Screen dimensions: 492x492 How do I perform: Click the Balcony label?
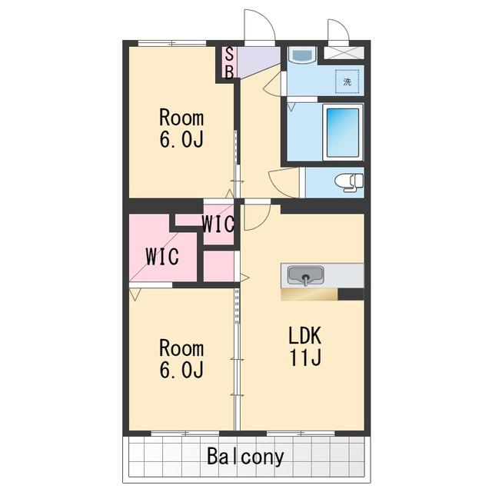pos(245,457)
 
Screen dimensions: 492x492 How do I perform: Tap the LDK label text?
pos(305,335)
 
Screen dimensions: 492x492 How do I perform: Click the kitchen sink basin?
pos(306,275)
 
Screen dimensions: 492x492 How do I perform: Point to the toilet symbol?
pos(349,182)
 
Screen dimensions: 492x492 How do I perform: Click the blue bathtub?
pos(343,132)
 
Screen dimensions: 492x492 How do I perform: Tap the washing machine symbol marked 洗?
pos(347,81)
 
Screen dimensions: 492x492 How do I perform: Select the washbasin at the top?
pos(302,55)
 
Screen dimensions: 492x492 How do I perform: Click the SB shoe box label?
pos(229,63)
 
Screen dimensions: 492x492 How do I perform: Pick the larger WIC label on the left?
pos(162,256)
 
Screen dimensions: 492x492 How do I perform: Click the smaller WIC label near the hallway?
pos(218,224)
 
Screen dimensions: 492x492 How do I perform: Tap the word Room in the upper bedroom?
pos(181,118)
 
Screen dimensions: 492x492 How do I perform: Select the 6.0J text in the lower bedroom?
pos(181,369)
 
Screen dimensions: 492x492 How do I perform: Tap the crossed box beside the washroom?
pos(344,53)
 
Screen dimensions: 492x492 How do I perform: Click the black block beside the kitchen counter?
pos(351,294)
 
